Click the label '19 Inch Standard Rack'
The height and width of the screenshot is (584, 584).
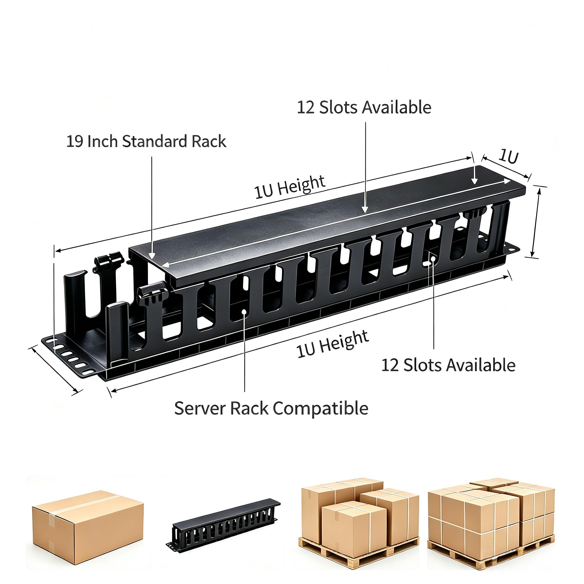[x=146, y=141]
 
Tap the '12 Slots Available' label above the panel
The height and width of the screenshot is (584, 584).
[x=364, y=107]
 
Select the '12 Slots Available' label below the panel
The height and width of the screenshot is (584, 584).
[x=448, y=365]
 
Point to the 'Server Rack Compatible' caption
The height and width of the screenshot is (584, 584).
[x=271, y=408]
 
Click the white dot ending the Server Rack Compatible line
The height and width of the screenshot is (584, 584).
[x=244, y=311]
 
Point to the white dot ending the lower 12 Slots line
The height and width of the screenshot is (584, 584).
[x=433, y=258]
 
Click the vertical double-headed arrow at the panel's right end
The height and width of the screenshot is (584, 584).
[x=535, y=222]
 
